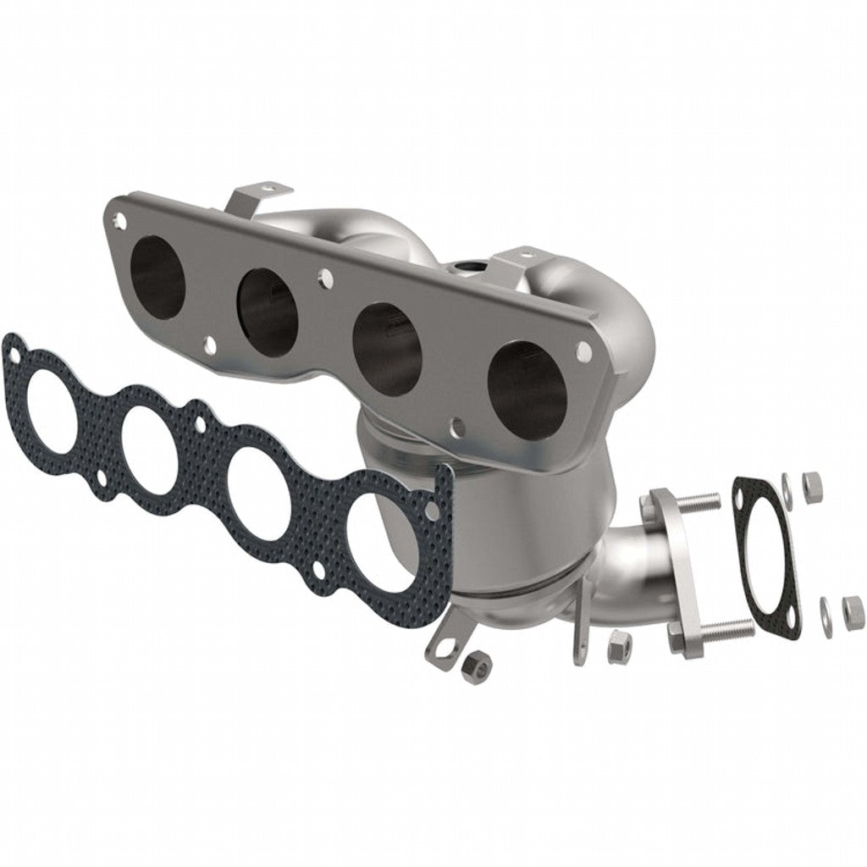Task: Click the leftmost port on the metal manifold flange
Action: click(158, 264)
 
